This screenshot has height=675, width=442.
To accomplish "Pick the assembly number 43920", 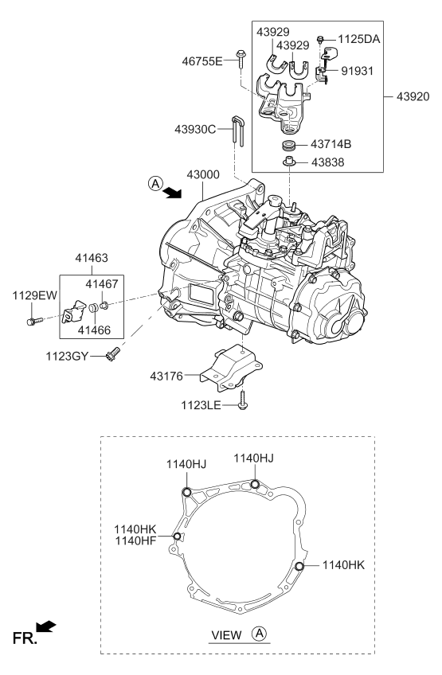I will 413,97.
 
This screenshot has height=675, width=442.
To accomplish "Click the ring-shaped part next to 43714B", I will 290,146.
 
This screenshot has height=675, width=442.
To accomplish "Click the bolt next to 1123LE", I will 242,406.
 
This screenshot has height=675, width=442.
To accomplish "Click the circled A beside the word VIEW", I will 259,634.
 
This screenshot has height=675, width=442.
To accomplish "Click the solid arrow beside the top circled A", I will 170,192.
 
